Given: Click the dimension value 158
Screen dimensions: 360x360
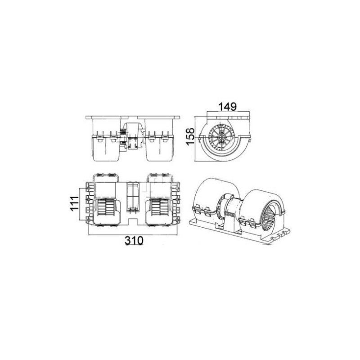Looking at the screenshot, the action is tap(190, 136).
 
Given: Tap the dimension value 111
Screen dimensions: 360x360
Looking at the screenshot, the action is tap(74, 203).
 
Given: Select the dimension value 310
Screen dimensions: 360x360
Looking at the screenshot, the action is tap(134, 240).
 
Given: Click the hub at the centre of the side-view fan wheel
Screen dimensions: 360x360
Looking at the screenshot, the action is tap(222, 137).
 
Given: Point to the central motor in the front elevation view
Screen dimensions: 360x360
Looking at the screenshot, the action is tap(132, 136).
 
